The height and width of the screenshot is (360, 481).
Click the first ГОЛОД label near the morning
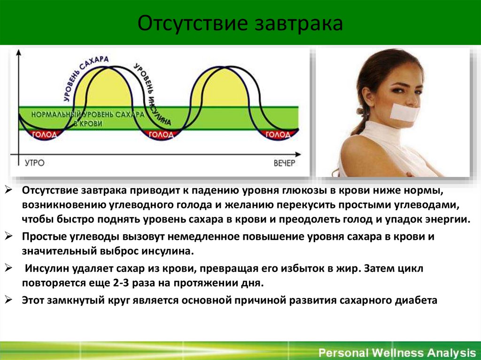coord(45,135)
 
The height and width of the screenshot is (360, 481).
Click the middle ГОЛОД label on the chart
coord(161,135)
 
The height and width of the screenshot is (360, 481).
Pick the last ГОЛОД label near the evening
coord(278,135)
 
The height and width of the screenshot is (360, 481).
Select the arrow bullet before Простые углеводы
coord(9,237)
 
